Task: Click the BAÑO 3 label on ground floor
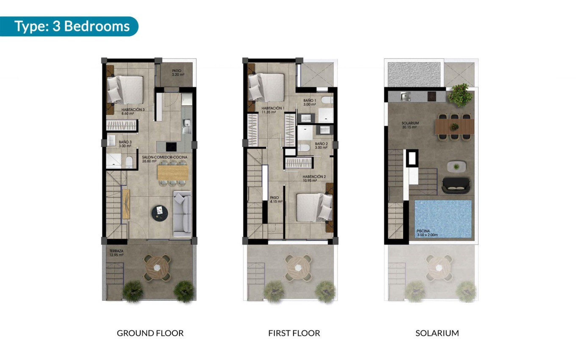[125, 143]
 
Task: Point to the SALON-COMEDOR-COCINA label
[165, 159]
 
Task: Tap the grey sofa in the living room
[182, 213]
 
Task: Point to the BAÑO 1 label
[310, 102]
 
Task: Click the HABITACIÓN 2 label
[314, 178]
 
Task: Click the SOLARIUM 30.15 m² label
[410, 125]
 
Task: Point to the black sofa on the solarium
[456, 184]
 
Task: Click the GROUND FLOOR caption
[150, 333]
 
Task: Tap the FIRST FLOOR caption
[294, 333]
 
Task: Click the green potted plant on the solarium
[460, 95]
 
